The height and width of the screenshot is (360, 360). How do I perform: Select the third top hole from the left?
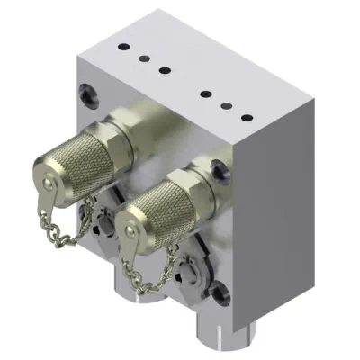pyautogui.click(x=165, y=70)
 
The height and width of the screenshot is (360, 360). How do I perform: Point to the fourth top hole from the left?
pyautogui.click(x=207, y=93)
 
